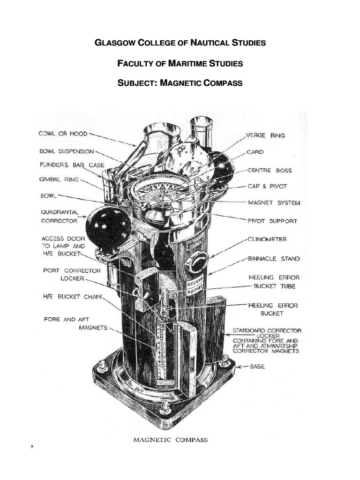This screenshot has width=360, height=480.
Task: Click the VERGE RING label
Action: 265,135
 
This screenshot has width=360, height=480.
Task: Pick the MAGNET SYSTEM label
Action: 274,203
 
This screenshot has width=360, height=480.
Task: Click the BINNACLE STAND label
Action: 274,258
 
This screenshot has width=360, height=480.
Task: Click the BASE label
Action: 256,367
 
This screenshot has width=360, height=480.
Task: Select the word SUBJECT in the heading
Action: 136,83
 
